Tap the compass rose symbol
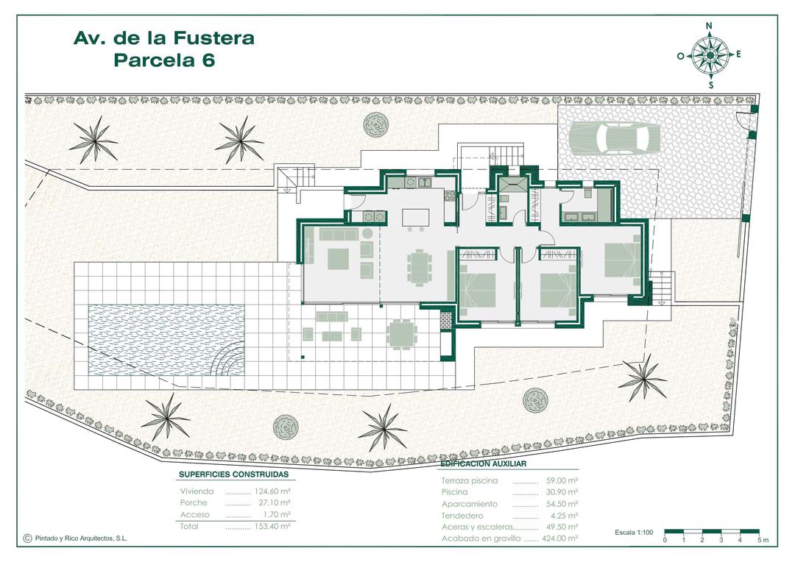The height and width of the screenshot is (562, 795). point(709,55)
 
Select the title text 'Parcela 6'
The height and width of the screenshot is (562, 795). point(164,60)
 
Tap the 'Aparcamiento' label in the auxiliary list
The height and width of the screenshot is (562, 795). point(470,504)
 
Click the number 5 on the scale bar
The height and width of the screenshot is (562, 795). point(757,541)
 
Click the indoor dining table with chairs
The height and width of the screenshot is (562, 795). point(419,266)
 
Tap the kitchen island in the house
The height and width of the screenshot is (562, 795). point(415,218)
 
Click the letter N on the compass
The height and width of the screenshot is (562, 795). point(710,26)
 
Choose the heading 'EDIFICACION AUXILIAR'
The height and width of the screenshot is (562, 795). point(483,465)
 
